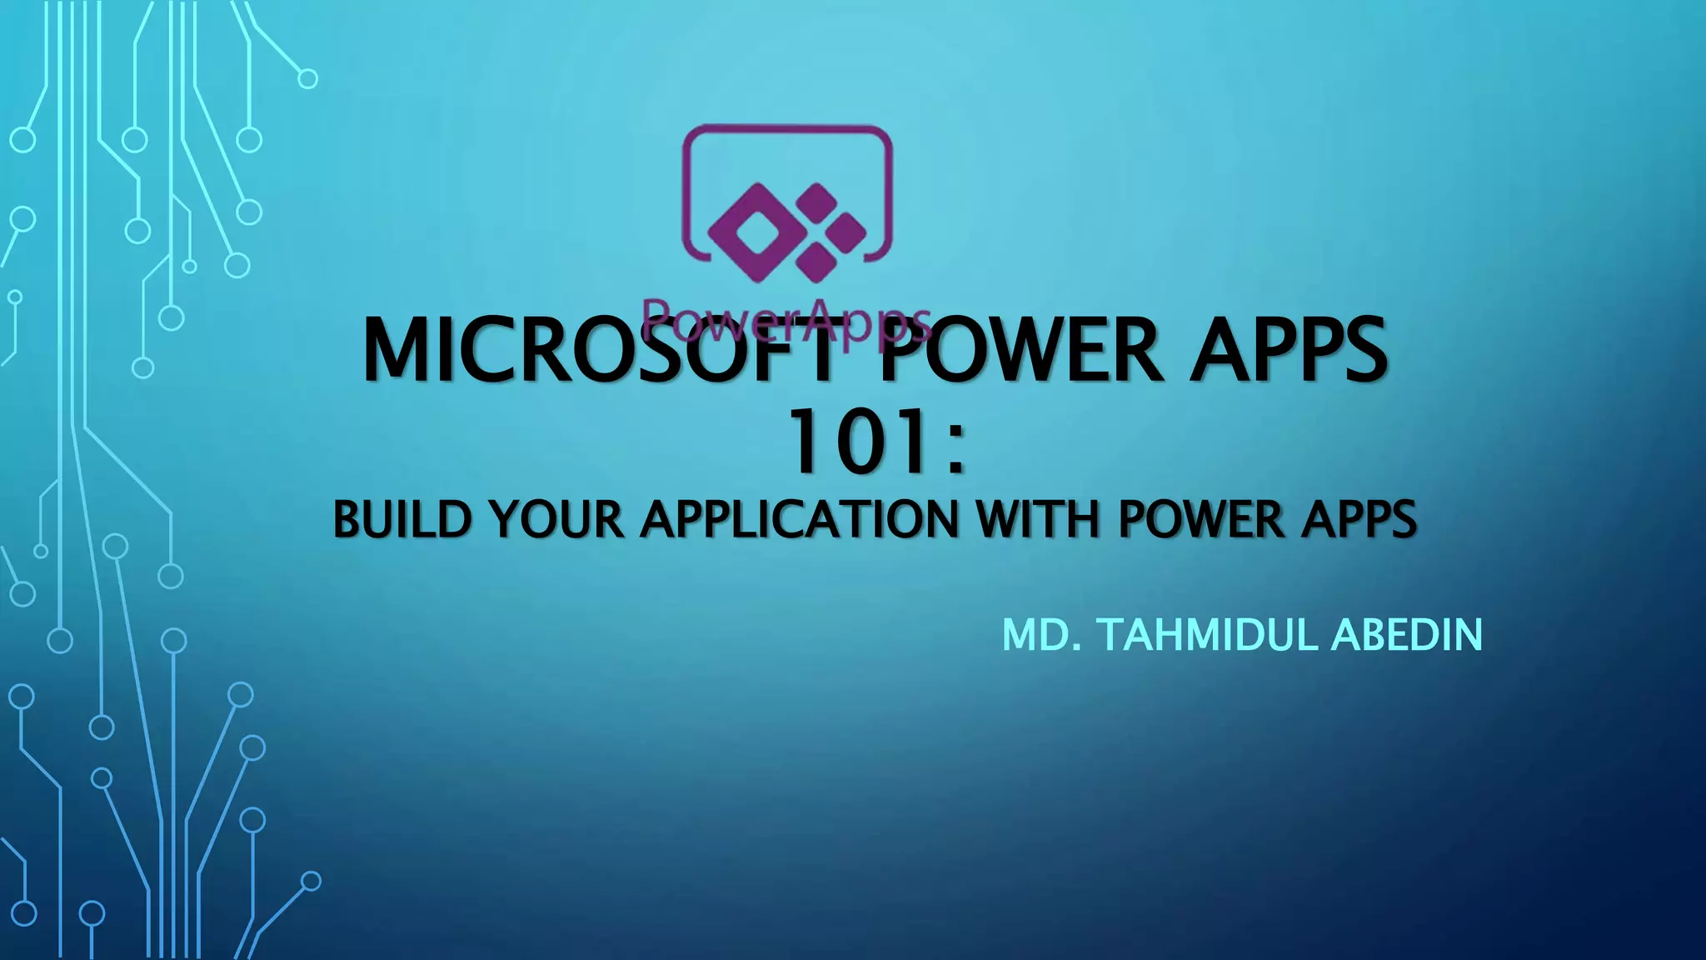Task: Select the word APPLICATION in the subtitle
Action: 801,519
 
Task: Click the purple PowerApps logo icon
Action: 787,204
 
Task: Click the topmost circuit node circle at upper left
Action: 307,79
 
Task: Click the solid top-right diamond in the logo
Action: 816,200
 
